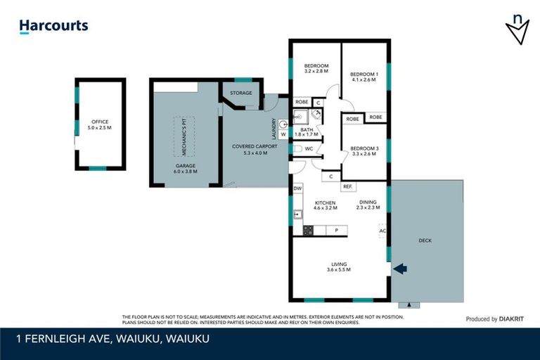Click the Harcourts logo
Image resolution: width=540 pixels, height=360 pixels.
[x=53, y=26]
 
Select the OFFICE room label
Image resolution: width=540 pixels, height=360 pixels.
[x=99, y=125]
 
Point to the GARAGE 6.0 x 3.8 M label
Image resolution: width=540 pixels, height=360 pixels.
[x=186, y=169]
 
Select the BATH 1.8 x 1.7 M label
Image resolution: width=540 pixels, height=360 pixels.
[x=307, y=132]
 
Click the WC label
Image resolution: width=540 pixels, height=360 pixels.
[x=308, y=149]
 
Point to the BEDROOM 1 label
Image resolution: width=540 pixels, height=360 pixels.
[x=364, y=77]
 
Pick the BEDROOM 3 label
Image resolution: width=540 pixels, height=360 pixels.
[x=364, y=150]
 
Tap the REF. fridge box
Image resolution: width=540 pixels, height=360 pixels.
[x=347, y=186]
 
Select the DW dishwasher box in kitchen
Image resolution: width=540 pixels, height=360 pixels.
[x=297, y=188]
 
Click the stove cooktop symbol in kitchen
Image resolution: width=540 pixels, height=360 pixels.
[x=307, y=230]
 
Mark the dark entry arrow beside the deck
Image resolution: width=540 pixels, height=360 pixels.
[x=399, y=268]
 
